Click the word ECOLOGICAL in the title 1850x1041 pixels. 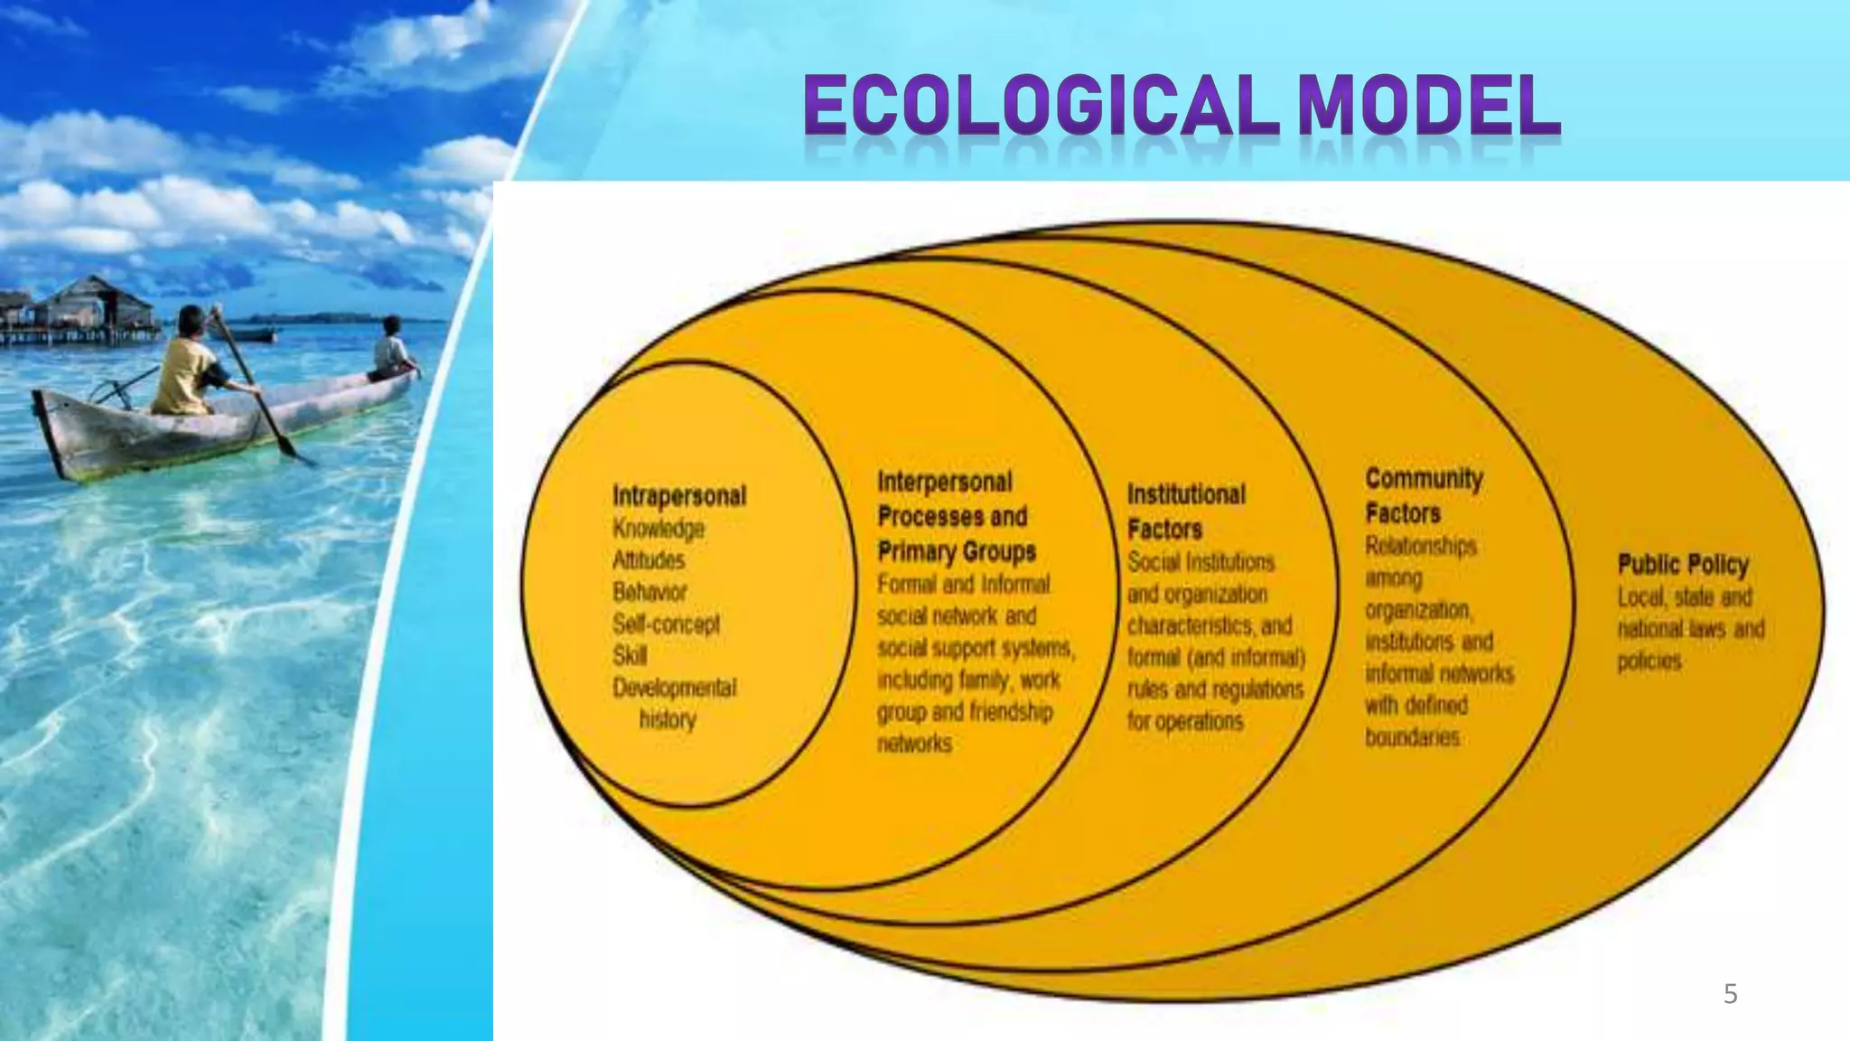(x=1039, y=107)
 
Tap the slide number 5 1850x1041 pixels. (x=1730, y=994)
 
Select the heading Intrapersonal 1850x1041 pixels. (x=679, y=496)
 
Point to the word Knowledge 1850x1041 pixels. (x=659, y=529)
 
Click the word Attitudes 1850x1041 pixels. (x=649, y=560)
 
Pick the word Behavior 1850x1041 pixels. (x=649, y=592)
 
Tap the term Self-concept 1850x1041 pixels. (x=666, y=624)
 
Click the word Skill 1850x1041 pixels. (x=630, y=655)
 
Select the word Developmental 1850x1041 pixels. (x=674, y=688)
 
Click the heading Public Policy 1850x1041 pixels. (x=1683, y=565)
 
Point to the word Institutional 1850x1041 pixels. (x=1186, y=494)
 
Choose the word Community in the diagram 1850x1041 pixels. (x=1424, y=478)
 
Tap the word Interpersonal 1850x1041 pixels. (x=945, y=482)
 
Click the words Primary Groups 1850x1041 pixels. (x=957, y=551)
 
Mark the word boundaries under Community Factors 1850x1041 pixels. (x=1412, y=737)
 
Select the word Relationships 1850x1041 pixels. (x=1420, y=546)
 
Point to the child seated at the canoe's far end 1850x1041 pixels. (x=392, y=348)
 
